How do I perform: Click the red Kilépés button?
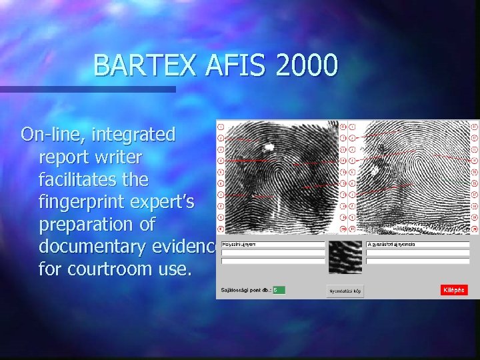tap(454, 290)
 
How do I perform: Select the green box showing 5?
tap(279, 290)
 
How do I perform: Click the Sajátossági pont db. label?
tap(246, 290)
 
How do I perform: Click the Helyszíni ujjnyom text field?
tap(272, 245)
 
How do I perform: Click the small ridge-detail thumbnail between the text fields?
tap(345, 257)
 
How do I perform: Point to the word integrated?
tap(133, 135)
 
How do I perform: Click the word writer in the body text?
tap(117, 157)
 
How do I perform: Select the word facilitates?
tap(94, 180)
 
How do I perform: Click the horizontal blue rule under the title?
tap(87, 89)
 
